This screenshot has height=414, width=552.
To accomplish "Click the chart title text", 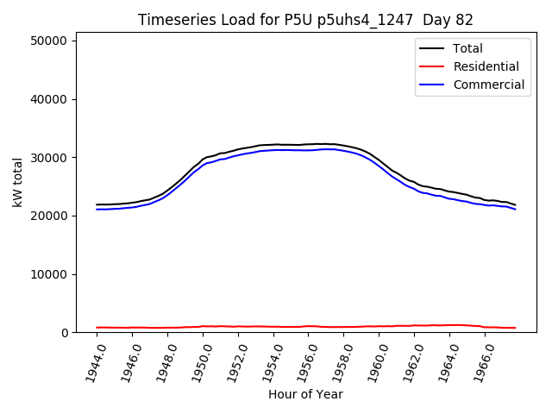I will click(x=305, y=19).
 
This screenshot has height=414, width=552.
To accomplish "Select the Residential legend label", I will click(x=486, y=66).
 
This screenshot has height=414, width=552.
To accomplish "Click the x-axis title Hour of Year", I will click(x=305, y=395).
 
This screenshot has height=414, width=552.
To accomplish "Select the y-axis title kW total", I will click(x=17, y=182).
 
